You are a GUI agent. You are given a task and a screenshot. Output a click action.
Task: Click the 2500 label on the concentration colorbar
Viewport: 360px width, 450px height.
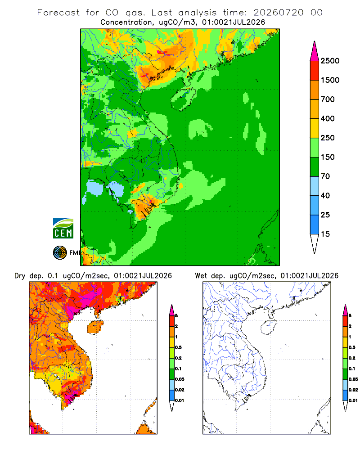click(x=330, y=61)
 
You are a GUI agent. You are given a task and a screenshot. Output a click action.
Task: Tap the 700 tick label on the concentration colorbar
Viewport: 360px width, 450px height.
click(x=328, y=99)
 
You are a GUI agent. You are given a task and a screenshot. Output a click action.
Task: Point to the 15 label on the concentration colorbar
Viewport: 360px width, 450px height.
click(x=325, y=234)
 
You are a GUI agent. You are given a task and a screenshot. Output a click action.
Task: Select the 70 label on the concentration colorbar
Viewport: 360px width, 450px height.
click(x=325, y=176)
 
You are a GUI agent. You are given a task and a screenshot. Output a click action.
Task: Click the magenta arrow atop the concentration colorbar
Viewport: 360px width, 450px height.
click(x=315, y=52)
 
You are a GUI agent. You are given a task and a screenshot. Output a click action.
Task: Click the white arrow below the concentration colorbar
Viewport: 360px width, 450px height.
click(x=315, y=243)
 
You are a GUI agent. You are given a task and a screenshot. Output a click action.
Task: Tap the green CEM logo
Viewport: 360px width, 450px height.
click(x=63, y=229)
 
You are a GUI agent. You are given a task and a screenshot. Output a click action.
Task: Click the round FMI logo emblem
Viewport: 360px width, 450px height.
click(x=60, y=253)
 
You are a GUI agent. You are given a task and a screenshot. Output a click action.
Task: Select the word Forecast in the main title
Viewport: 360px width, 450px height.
click(x=58, y=13)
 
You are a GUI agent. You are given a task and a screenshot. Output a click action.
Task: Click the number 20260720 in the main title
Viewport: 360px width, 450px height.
click(x=278, y=13)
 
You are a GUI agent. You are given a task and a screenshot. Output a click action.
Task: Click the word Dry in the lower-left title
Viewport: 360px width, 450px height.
click(x=20, y=276)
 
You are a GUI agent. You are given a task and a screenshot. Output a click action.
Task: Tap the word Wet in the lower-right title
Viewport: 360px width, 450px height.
click(x=201, y=276)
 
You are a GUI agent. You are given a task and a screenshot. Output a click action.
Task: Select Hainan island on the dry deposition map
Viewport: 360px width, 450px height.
click(x=95, y=327)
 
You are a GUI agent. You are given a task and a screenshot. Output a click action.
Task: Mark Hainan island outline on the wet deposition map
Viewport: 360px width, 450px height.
click(x=261, y=328)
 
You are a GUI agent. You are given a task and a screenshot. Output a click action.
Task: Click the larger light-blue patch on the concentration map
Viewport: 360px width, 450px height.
click(x=95, y=188)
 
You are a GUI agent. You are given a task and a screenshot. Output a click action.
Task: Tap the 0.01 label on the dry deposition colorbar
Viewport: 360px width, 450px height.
click(x=180, y=400)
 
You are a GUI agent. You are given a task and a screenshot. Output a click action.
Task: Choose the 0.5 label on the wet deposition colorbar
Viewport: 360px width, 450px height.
click(x=352, y=347)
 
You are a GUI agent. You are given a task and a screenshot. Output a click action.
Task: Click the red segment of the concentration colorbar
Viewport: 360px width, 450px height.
click(x=315, y=71)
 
